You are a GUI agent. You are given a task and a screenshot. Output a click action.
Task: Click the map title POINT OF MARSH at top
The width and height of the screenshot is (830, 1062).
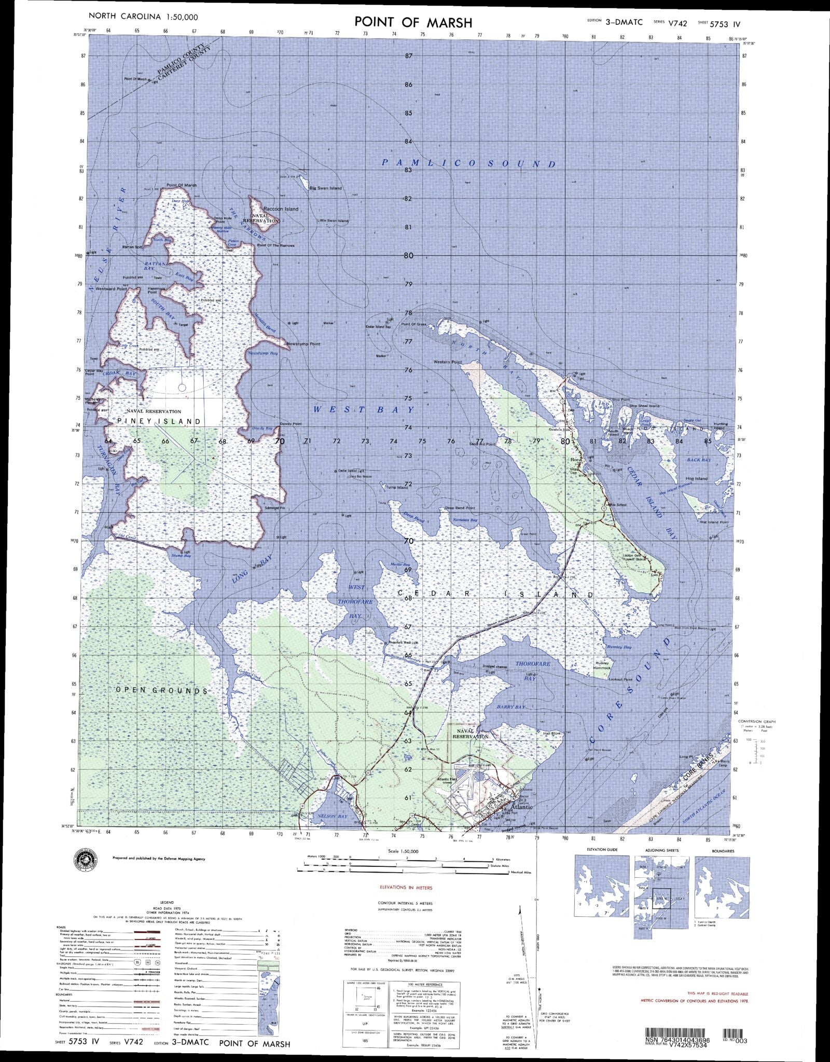[x=413, y=22]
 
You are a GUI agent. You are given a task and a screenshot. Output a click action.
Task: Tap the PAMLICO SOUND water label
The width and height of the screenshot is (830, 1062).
[x=468, y=164]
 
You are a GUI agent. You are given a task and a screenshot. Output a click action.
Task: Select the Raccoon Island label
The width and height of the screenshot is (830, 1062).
[x=281, y=209]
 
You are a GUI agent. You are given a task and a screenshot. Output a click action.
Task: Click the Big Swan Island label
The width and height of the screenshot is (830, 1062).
[x=325, y=188]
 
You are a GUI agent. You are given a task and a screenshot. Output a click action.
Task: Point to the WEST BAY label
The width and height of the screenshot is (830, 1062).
[x=364, y=410]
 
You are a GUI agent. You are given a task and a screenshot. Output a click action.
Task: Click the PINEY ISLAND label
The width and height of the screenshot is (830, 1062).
[x=159, y=421]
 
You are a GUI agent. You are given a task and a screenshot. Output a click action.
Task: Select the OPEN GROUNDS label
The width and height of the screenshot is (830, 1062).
[x=161, y=691]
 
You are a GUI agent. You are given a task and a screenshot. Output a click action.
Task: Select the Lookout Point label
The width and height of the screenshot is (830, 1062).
[x=620, y=680]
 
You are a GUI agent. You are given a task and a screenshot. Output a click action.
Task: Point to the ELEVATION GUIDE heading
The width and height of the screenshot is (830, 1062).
[x=602, y=851]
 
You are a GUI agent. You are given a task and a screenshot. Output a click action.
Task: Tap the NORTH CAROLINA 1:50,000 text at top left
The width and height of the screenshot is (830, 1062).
[x=143, y=17]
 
